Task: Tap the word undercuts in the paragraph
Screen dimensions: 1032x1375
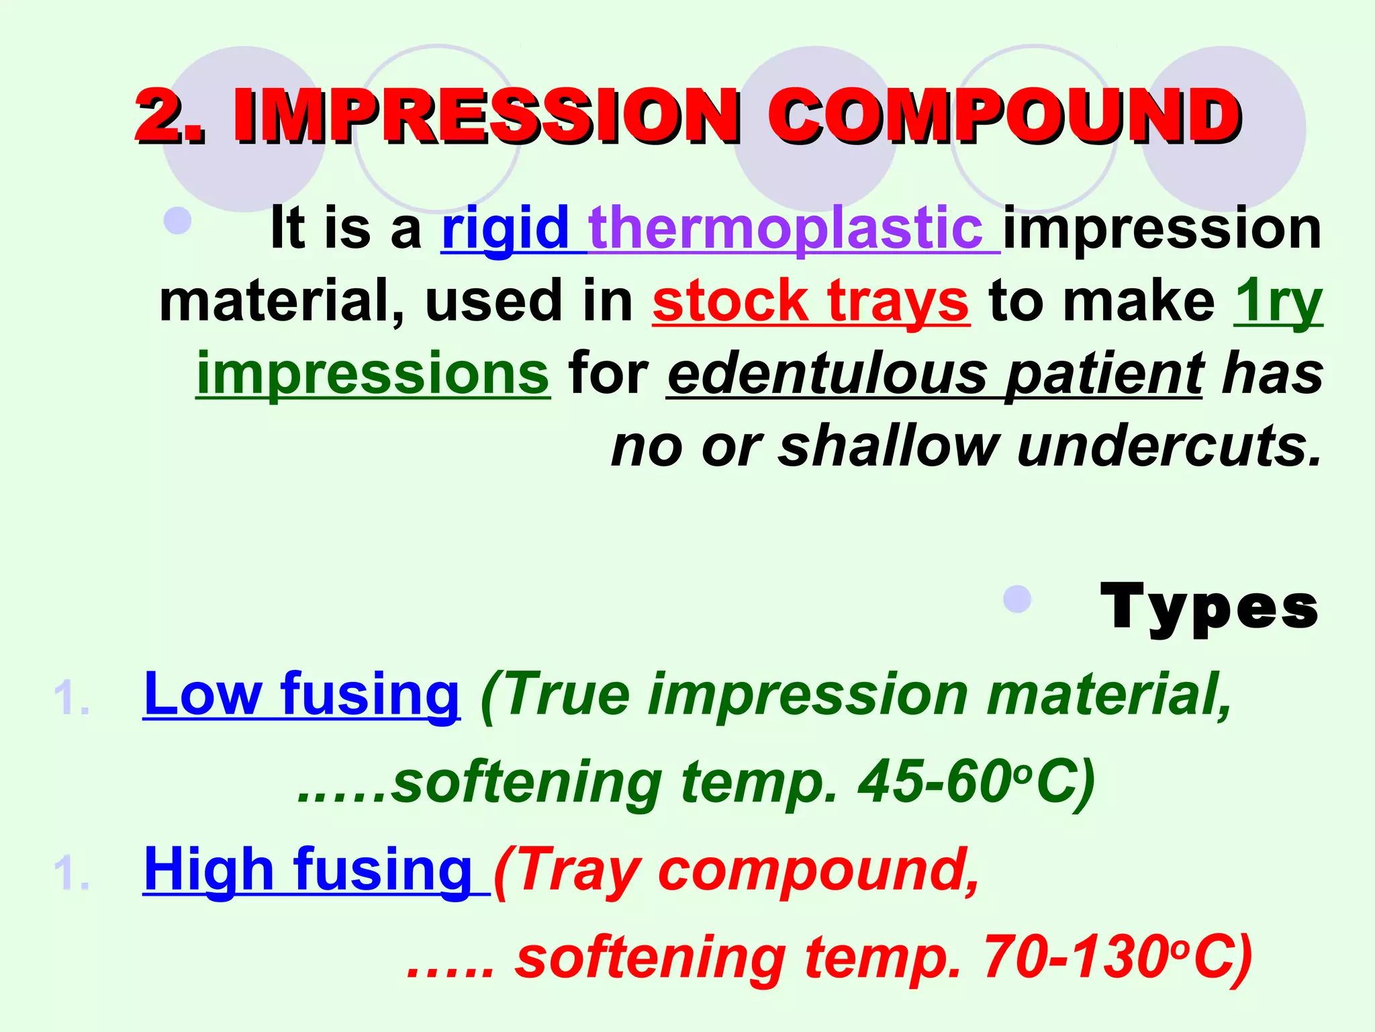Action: [x=1168, y=446]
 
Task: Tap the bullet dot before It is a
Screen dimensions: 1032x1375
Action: [x=177, y=220]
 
